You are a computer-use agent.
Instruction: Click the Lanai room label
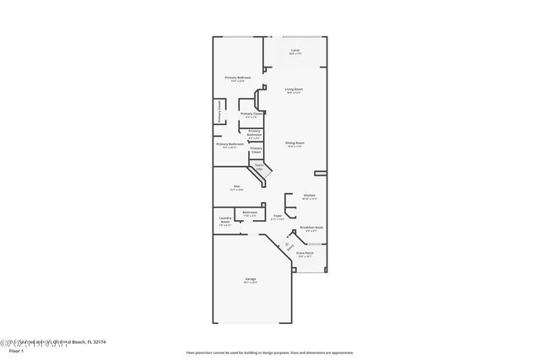(294, 51)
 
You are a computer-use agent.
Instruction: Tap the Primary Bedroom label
(237, 78)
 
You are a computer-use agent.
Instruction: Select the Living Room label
(294, 89)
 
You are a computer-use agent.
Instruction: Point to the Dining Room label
(294, 143)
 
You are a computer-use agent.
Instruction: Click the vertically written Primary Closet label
(219, 112)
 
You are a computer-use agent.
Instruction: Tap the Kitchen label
(309, 195)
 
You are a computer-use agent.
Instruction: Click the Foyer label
(278, 216)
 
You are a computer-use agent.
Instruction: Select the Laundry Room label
(225, 221)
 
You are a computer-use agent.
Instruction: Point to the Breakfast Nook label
(312, 228)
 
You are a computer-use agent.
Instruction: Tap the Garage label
(251, 278)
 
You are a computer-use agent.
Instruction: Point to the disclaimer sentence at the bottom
(270, 353)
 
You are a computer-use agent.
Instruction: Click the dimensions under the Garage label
(251, 282)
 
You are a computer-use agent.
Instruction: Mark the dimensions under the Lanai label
(294, 55)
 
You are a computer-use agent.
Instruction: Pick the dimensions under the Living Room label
(294, 93)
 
